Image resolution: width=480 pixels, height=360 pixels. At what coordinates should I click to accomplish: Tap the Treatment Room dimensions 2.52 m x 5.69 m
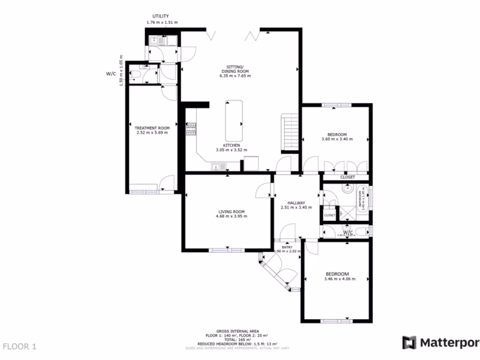coord(152,133)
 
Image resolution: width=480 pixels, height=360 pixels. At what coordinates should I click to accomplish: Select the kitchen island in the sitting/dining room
coord(234,121)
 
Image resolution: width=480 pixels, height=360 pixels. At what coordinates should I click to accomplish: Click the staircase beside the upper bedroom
coord(290,133)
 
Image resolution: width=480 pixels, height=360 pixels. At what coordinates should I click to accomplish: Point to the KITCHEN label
coord(231,145)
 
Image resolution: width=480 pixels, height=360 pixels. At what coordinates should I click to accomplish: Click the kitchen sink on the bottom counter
coord(218,166)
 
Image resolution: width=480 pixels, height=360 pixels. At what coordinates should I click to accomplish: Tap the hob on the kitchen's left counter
coord(191,128)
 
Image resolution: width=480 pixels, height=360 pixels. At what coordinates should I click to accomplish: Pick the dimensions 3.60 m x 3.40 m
coord(337,139)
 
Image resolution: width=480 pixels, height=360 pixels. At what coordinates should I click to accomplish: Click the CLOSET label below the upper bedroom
coord(347,177)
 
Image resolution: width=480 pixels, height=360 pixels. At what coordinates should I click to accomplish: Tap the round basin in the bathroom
coord(348,189)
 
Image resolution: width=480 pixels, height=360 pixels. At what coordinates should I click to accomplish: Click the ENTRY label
coord(287,247)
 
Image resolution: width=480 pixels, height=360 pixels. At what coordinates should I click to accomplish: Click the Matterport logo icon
coord(409,343)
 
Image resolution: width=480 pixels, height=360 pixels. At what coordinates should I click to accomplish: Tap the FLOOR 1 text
coord(19,347)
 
